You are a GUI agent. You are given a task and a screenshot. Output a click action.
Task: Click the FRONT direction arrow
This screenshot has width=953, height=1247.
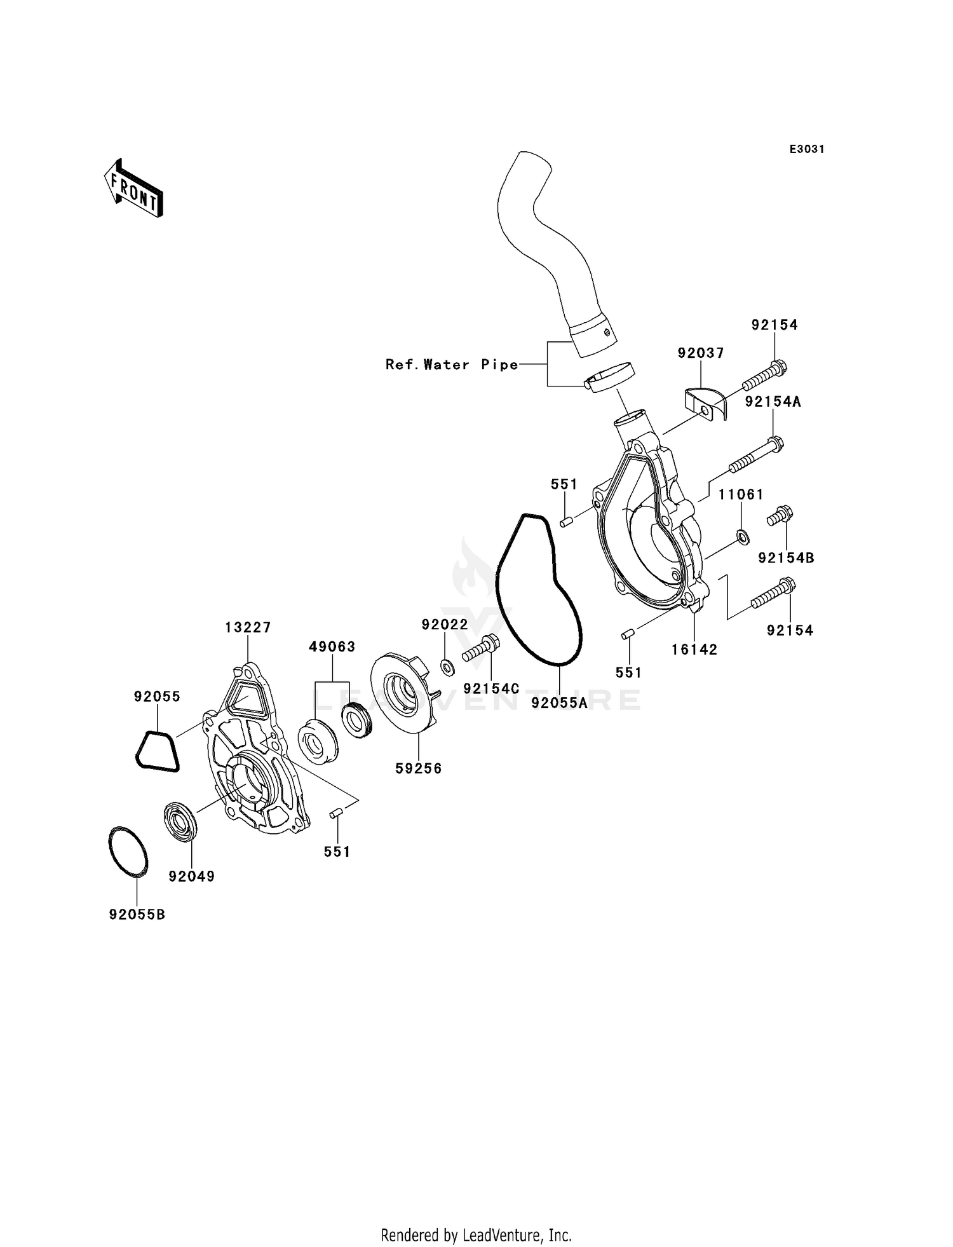[x=134, y=189]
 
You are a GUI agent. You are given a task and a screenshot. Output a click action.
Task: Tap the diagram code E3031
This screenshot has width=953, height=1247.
[x=806, y=149]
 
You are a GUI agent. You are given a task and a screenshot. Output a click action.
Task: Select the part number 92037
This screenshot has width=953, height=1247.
[x=700, y=353]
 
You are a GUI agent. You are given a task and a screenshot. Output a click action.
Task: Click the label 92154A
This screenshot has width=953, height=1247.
[x=773, y=402]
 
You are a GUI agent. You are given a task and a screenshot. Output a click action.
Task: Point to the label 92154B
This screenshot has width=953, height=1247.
[x=786, y=559]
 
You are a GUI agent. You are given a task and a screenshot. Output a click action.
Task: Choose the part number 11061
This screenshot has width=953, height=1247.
[x=741, y=494]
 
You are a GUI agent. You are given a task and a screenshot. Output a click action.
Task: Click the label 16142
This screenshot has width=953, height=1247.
[x=694, y=650]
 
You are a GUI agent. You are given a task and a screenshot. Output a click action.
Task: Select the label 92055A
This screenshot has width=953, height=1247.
[x=559, y=703]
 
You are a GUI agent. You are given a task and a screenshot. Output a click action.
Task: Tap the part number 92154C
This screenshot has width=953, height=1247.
[x=491, y=689]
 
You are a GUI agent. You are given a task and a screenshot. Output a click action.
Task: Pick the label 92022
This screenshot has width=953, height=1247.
[x=445, y=625]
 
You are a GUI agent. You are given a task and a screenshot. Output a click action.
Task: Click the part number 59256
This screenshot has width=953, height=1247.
[x=418, y=768]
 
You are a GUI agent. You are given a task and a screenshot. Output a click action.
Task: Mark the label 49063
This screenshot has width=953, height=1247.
[x=332, y=647]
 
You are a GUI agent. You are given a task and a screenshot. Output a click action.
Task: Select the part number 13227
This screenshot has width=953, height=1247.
[x=248, y=628]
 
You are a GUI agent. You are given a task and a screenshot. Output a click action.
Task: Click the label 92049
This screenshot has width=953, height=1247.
[x=191, y=876]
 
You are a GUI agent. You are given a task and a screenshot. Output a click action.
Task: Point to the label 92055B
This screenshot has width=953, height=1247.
[x=137, y=915]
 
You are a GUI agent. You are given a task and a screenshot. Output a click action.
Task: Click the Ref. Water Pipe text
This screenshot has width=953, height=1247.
[x=452, y=365]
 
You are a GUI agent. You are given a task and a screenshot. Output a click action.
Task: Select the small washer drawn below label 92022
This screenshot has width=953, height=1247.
[x=447, y=667]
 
